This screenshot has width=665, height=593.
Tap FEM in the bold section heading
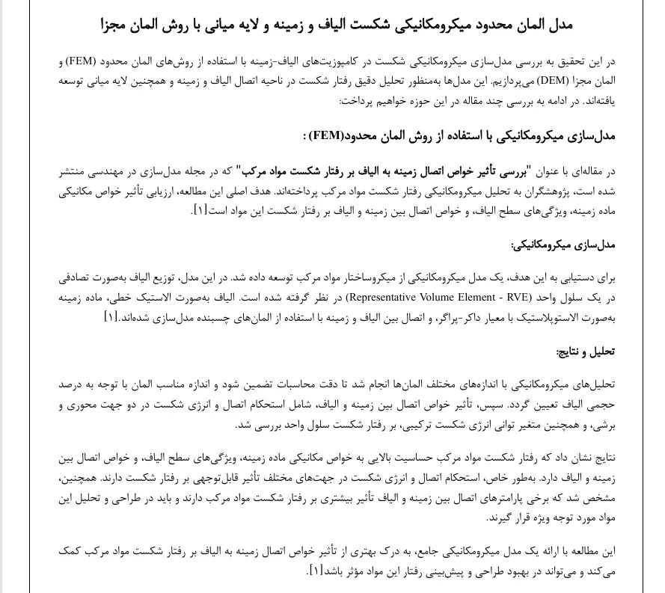(x=325, y=136)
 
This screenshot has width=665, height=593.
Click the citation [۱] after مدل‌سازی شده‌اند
(x=111, y=316)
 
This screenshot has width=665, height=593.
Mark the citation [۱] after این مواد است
(x=200, y=209)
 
